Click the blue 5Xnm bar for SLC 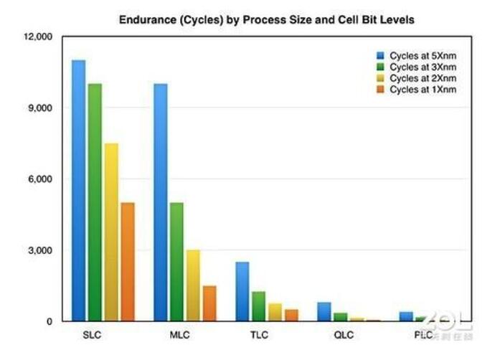click(78, 190)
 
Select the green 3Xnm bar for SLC click(95, 202)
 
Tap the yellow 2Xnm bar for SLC click(111, 232)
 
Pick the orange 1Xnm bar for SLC click(127, 262)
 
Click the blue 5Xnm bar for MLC click(161, 202)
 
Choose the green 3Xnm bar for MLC click(176, 262)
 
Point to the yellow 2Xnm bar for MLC click(193, 285)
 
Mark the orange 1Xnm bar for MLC click(209, 303)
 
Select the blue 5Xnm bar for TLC click(242, 291)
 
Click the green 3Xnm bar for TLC click(259, 306)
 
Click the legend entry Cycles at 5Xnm click(423, 55)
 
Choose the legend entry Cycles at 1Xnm click(423, 90)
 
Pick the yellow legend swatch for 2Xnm click(382, 78)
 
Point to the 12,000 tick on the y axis click(37, 37)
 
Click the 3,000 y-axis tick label click(40, 250)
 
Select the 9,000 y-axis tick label click(40, 108)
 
